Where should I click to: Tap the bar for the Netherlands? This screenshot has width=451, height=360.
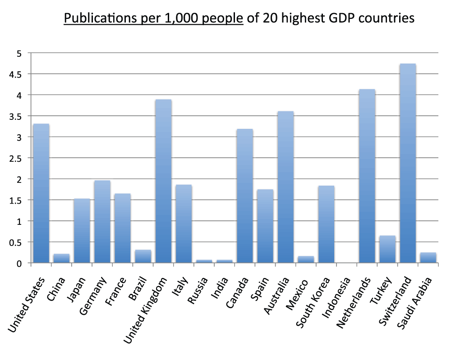click(367, 176)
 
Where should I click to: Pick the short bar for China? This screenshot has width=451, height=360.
click(61, 258)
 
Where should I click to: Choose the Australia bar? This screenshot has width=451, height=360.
click(285, 187)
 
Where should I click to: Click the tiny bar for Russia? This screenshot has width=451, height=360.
click(204, 261)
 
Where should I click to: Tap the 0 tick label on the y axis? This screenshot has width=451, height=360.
click(19, 263)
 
